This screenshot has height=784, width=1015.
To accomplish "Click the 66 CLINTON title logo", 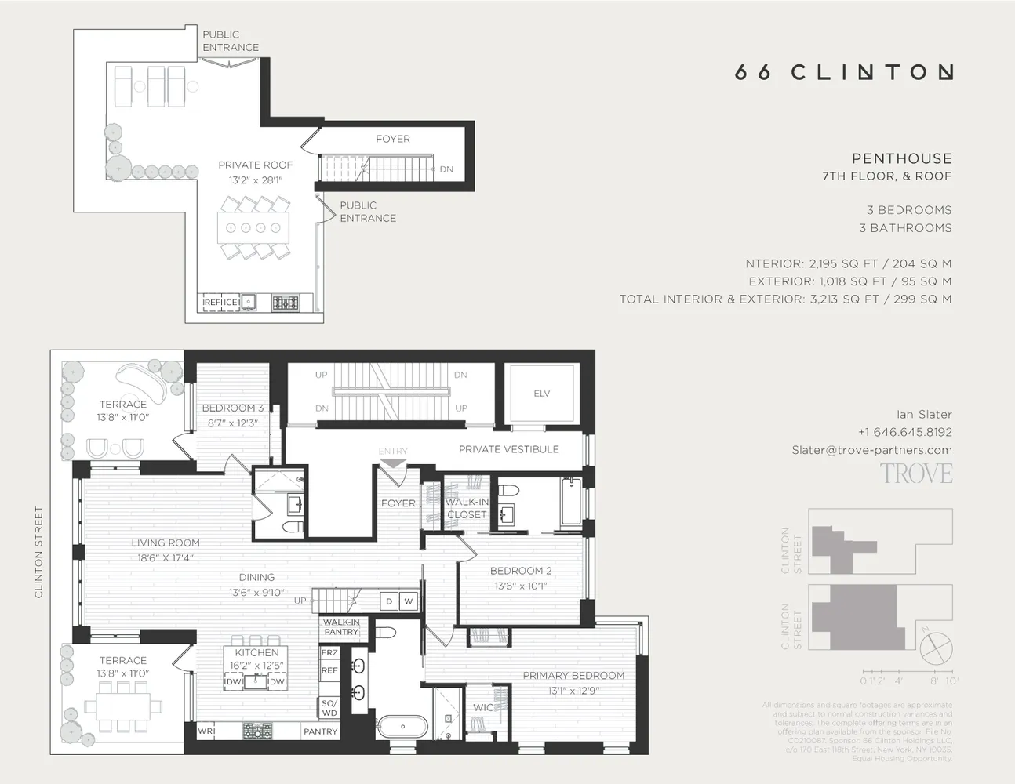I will (843, 72).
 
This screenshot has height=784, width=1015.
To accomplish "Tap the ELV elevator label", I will (541, 394).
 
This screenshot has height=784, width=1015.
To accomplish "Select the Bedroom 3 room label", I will (232, 408).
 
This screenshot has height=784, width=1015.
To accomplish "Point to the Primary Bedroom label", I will (573, 675).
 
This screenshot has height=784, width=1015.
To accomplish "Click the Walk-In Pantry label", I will (341, 627).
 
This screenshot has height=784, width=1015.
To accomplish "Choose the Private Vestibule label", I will (508, 449).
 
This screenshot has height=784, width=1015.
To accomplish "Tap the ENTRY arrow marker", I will (392, 463).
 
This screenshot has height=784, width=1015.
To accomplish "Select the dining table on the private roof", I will (253, 228).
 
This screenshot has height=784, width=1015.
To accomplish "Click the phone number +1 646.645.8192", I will (904, 432).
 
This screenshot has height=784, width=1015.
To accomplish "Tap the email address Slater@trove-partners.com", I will (871, 450).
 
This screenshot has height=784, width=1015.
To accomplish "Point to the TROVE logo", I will (915, 474).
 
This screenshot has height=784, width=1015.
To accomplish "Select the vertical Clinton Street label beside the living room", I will (38, 553).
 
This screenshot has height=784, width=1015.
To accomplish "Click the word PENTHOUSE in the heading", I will (901, 158).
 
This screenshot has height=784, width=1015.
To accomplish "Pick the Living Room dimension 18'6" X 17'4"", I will (165, 558).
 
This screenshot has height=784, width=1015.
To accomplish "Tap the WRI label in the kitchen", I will (206, 731).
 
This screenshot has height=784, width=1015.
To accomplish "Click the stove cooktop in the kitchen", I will (257, 731).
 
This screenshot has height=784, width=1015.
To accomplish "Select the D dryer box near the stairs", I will (389, 601).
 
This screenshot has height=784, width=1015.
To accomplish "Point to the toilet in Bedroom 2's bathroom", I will (509, 492).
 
